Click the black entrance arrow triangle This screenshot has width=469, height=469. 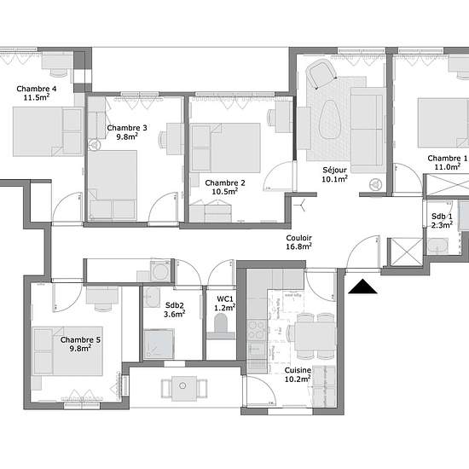pyautogui.click(x=362, y=287)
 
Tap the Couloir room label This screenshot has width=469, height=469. pyautogui.click(x=298, y=238)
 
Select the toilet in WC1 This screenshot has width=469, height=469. pyautogui.click(x=221, y=327)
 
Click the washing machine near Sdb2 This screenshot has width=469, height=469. pyautogui.click(x=160, y=271)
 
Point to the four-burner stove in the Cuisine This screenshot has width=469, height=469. pyautogui.click(x=257, y=330)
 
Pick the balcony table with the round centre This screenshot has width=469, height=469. pyautogui.click(x=184, y=388)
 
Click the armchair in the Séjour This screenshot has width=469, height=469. pyautogui.click(x=321, y=72)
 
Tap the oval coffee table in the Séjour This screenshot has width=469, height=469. pyautogui.click(x=330, y=119)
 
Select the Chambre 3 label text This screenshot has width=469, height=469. pyautogui.click(x=127, y=128)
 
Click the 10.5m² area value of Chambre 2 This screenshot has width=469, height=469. pyautogui.click(x=224, y=191)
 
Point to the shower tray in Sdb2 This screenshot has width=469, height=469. pyautogui.click(x=159, y=344)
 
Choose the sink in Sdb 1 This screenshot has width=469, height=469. pyautogui.click(x=438, y=246)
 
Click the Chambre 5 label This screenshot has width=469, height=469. pyautogui.click(x=80, y=339)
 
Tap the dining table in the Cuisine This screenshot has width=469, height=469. pyautogui.click(x=315, y=336)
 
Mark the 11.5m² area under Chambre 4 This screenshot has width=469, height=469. pyautogui.click(x=37, y=97)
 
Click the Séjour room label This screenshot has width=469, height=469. pyautogui.click(x=335, y=170)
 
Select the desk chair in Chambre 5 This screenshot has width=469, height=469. pyautogui.click(x=102, y=307)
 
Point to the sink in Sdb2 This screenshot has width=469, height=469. pyautogui.click(x=152, y=297)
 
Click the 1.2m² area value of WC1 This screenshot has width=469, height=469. pyautogui.click(x=224, y=308)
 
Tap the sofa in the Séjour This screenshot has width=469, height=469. pyautogui.click(x=367, y=130)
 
